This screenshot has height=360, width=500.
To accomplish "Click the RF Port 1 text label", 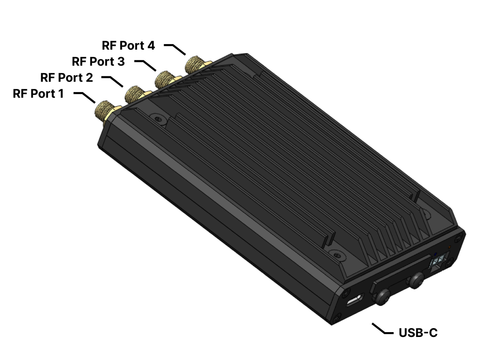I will (x=38, y=94).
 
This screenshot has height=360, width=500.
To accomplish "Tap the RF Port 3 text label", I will (x=98, y=61).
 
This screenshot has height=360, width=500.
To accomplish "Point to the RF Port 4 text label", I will (x=128, y=45).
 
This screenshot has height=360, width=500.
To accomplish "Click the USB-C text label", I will (x=418, y=333).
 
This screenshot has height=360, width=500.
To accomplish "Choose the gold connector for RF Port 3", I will (x=165, y=78).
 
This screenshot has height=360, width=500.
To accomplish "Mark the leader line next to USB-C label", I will (x=382, y=329).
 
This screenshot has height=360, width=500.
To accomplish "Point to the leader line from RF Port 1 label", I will (x=85, y=97).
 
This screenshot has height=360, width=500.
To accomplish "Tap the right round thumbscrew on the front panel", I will (x=416, y=280).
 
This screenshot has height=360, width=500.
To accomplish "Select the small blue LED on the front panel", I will (x=435, y=254).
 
